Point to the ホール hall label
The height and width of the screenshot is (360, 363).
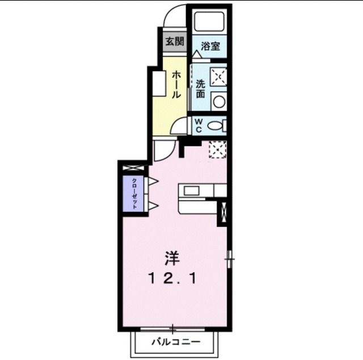[176, 85]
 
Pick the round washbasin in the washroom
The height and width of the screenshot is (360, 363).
[218, 102]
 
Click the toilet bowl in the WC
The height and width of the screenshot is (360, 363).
[216, 125]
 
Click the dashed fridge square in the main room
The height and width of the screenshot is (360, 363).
[217, 149]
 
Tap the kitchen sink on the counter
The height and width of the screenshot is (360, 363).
[192, 191]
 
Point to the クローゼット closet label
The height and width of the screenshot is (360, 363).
[134, 194]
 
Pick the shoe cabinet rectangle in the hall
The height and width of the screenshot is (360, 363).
[158, 83]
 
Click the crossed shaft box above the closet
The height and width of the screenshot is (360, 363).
[134, 169]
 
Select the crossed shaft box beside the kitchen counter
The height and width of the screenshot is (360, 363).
[223, 211]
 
